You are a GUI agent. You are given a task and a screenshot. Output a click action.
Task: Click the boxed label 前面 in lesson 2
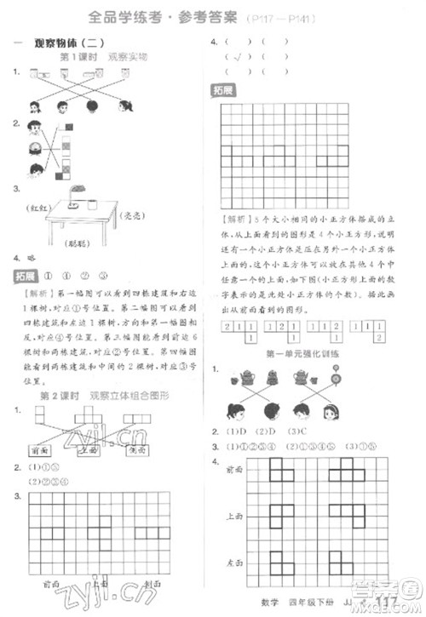click(41, 450)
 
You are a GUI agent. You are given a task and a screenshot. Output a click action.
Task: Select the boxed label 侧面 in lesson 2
click(136, 450)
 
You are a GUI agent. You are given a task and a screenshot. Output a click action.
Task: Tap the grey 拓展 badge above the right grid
click(223, 91)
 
